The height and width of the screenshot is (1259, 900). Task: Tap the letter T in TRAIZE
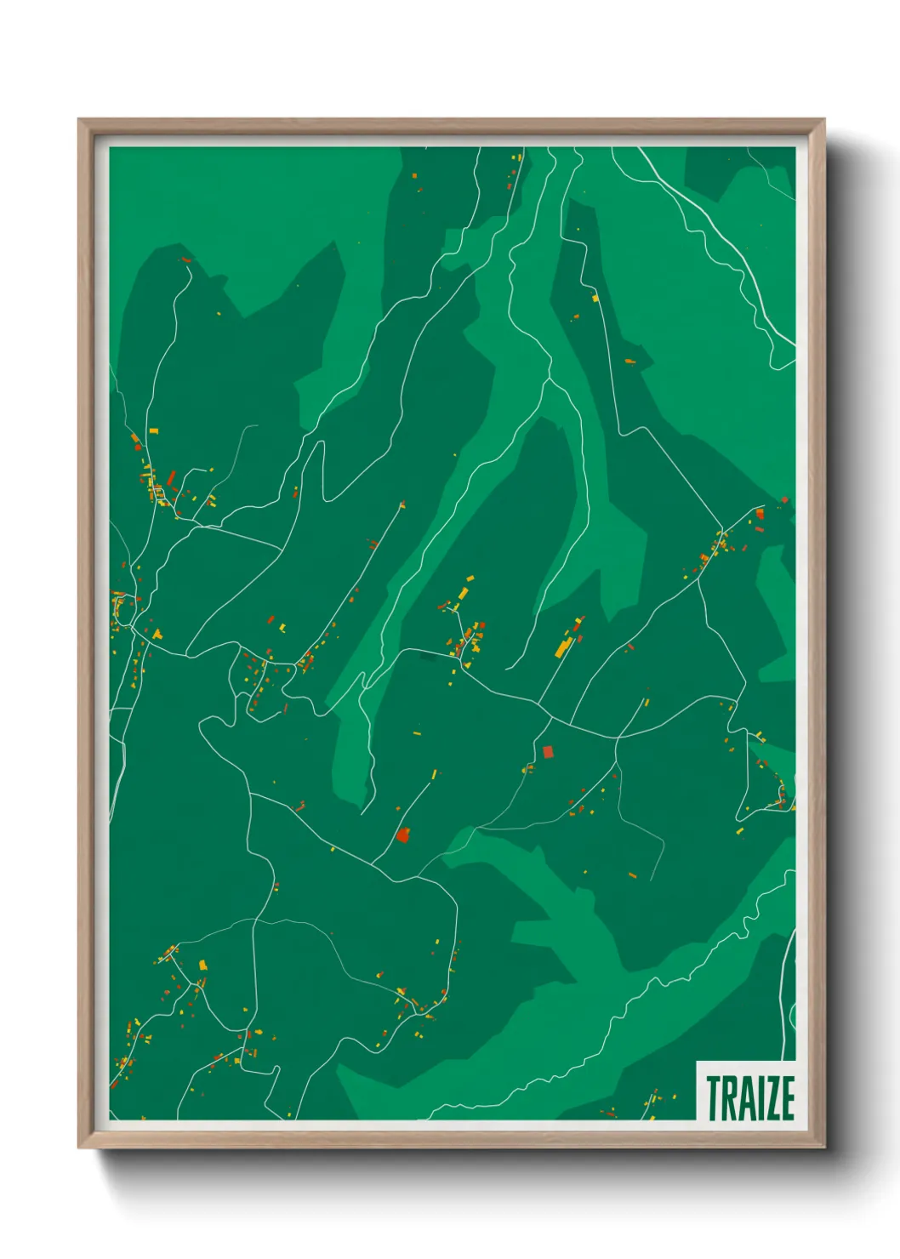coord(713,1097)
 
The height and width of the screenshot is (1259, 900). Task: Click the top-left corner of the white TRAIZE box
coord(697,1062)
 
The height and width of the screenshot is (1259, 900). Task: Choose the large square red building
coord(548,751)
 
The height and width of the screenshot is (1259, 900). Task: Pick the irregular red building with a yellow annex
coord(403,835)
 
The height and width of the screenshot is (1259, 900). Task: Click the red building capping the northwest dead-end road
coord(185,259)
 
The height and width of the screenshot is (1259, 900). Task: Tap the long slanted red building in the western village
coord(171,478)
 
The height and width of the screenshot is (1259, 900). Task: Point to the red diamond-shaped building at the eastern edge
coord(784,500)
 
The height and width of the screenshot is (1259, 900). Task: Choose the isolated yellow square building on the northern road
coord(595,298)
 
